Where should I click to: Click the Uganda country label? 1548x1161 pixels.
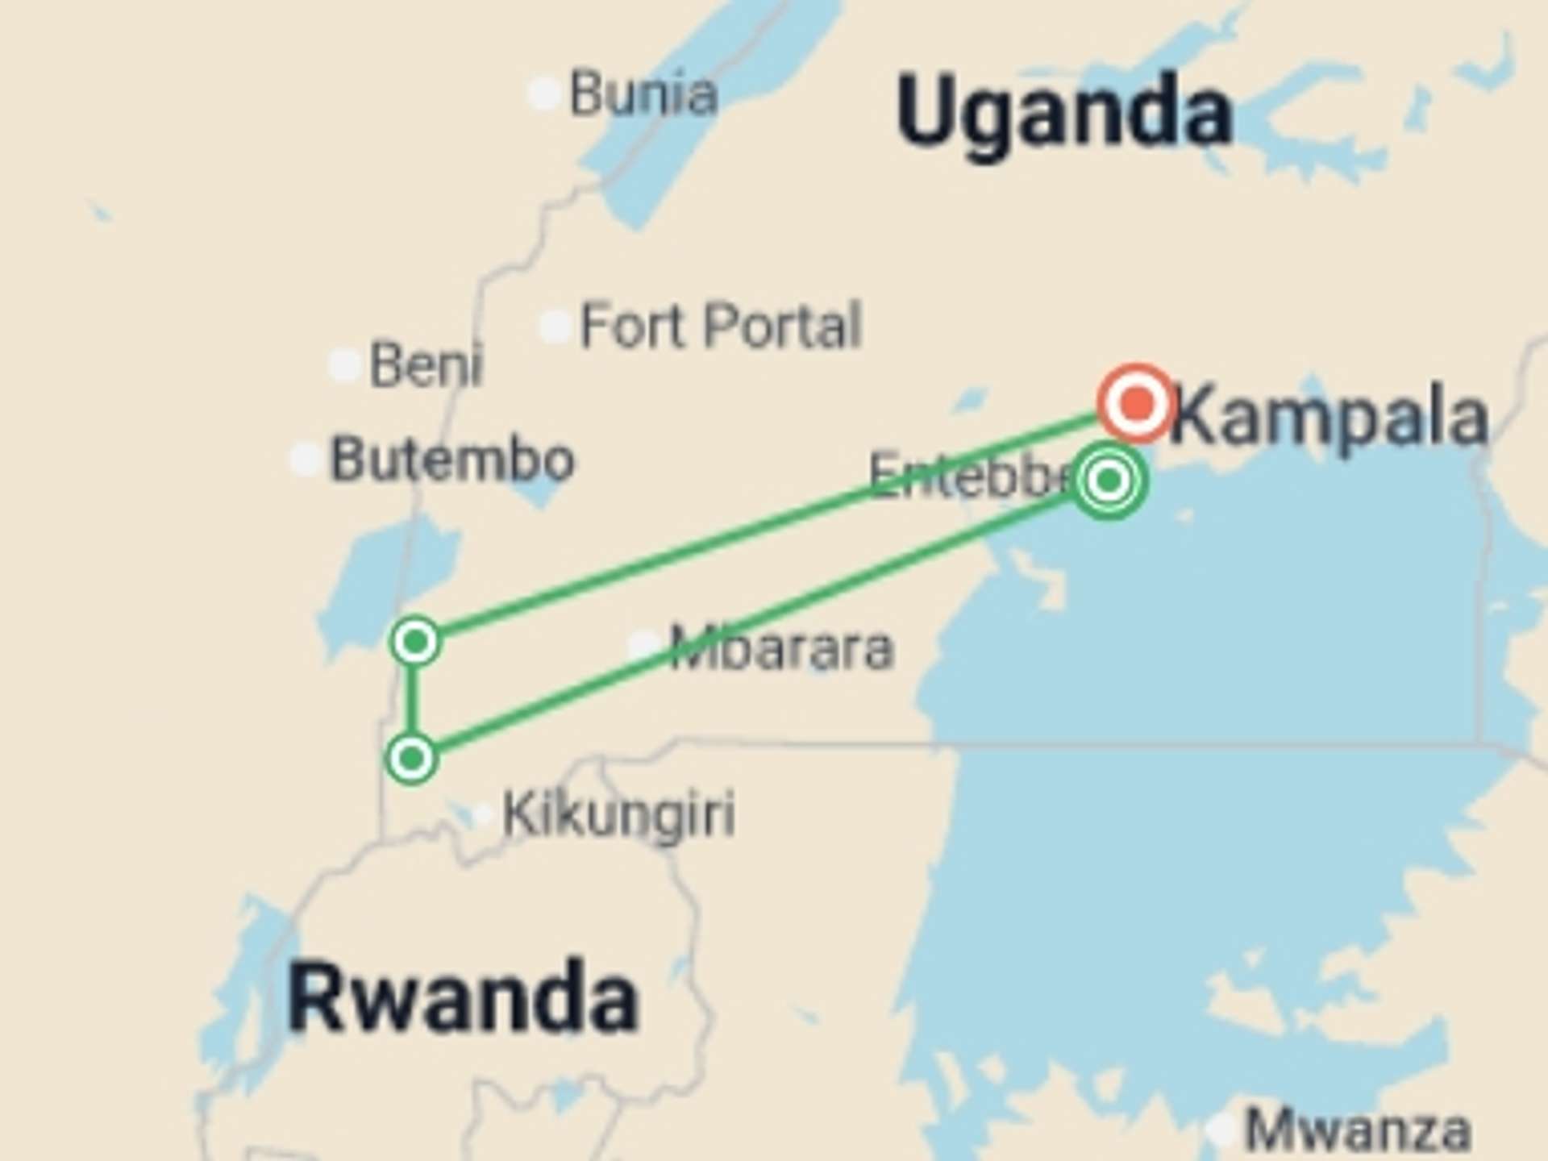point(1064,113)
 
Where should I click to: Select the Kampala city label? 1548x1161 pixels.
point(1329,416)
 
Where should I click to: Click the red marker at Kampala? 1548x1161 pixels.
point(1137,402)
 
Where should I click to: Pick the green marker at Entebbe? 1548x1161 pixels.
point(1109,481)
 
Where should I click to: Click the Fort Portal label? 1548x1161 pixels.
point(721,326)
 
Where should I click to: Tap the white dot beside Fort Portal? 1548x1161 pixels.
point(556,327)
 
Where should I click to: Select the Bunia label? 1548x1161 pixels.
point(643,94)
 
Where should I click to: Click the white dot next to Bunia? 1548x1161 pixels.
point(544,94)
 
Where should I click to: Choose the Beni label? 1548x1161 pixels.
point(426,364)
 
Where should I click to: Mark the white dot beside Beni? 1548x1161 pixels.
point(344,364)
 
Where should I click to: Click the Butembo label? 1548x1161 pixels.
point(452,459)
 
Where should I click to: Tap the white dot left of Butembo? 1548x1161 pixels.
point(306,459)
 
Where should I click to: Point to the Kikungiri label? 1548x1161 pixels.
point(618,814)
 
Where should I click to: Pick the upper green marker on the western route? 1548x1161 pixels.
point(415,642)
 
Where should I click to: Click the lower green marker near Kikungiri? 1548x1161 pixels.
point(412,759)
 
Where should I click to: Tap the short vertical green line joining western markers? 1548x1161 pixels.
point(413,700)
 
